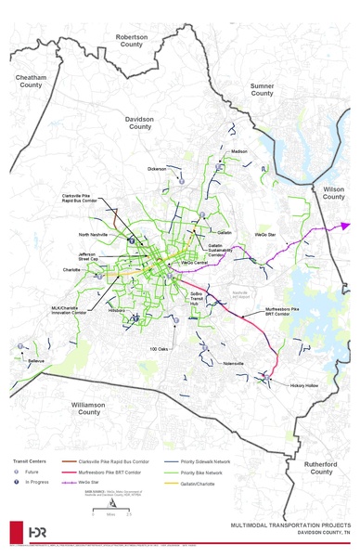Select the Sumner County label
pos(263,89)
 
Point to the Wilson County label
pos(333,192)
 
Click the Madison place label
pos(240,151)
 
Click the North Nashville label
pos(94,235)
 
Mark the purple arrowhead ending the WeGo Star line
pos(345,225)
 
